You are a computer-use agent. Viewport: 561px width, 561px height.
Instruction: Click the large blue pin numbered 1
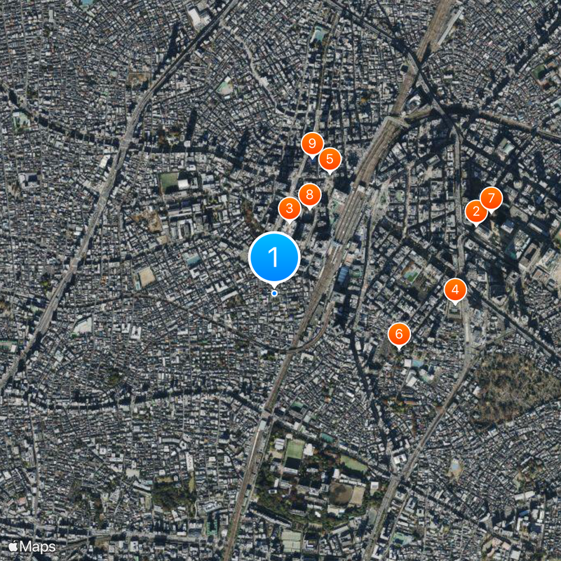(x=274, y=257)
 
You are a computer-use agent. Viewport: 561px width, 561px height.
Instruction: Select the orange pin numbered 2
(x=477, y=210)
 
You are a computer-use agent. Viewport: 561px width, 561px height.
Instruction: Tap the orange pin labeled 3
(x=289, y=208)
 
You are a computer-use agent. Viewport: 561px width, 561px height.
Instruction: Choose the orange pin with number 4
(x=456, y=288)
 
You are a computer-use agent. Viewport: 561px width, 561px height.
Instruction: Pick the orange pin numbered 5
(x=330, y=158)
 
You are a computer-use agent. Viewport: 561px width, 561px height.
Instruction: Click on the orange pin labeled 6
(x=399, y=333)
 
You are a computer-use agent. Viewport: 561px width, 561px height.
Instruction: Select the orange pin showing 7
(x=491, y=198)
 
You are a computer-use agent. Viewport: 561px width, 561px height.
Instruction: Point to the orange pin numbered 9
(x=312, y=143)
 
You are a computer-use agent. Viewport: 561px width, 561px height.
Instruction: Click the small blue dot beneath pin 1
(x=274, y=293)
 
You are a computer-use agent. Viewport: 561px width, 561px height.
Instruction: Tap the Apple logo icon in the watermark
(x=13, y=546)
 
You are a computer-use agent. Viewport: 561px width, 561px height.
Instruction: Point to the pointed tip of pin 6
(x=399, y=349)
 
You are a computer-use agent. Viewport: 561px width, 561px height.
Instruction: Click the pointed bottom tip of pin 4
(x=456, y=304)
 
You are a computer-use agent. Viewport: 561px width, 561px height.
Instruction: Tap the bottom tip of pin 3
(x=289, y=224)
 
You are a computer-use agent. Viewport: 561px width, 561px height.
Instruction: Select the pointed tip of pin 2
(x=477, y=227)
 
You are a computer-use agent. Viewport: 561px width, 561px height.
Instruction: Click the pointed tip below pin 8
(x=309, y=210)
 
